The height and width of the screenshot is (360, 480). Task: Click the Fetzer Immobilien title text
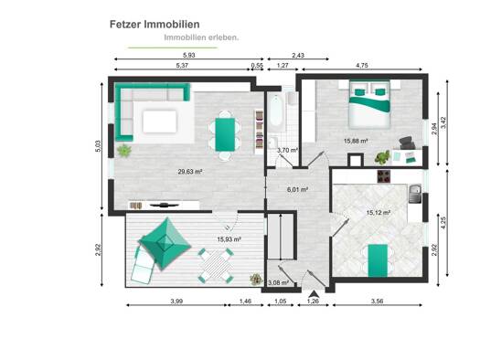click(x=155, y=25)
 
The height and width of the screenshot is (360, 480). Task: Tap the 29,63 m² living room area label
click(x=190, y=172)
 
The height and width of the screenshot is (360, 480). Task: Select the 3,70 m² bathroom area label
click(x=287, y=150)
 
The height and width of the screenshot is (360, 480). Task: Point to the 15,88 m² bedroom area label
click(x=356, y=141)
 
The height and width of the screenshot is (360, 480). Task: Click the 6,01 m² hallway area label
click(x=297, y=190)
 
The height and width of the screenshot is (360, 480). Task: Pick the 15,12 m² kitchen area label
click(x=379, y=213)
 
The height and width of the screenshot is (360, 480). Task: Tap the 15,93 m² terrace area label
click(x=229, y=239)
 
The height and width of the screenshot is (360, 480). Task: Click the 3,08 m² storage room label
click(x=278, y=283)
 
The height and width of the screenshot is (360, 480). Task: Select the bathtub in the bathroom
click(x=276, y=111)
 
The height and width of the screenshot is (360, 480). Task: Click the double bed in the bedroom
click(x=369, y=103)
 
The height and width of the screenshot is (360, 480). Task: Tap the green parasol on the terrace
click(x=165, y=243)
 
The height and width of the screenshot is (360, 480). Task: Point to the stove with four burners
click(x=384, y=176)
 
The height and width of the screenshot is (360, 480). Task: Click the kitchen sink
click(x=415, y=194)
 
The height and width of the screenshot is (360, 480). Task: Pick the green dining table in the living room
click(x=225, y=134)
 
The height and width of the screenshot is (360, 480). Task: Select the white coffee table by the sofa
click(x=160, y=122)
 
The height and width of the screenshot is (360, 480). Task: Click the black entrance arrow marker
click(x=314, y=294)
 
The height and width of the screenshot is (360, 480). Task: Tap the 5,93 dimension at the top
click(x=189, y=56)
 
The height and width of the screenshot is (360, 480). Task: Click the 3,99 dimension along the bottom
click(x=176, y=302)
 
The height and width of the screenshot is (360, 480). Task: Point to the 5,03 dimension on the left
click(x=98, y=146)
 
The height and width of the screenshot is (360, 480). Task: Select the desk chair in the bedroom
click(x=407, y=143)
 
